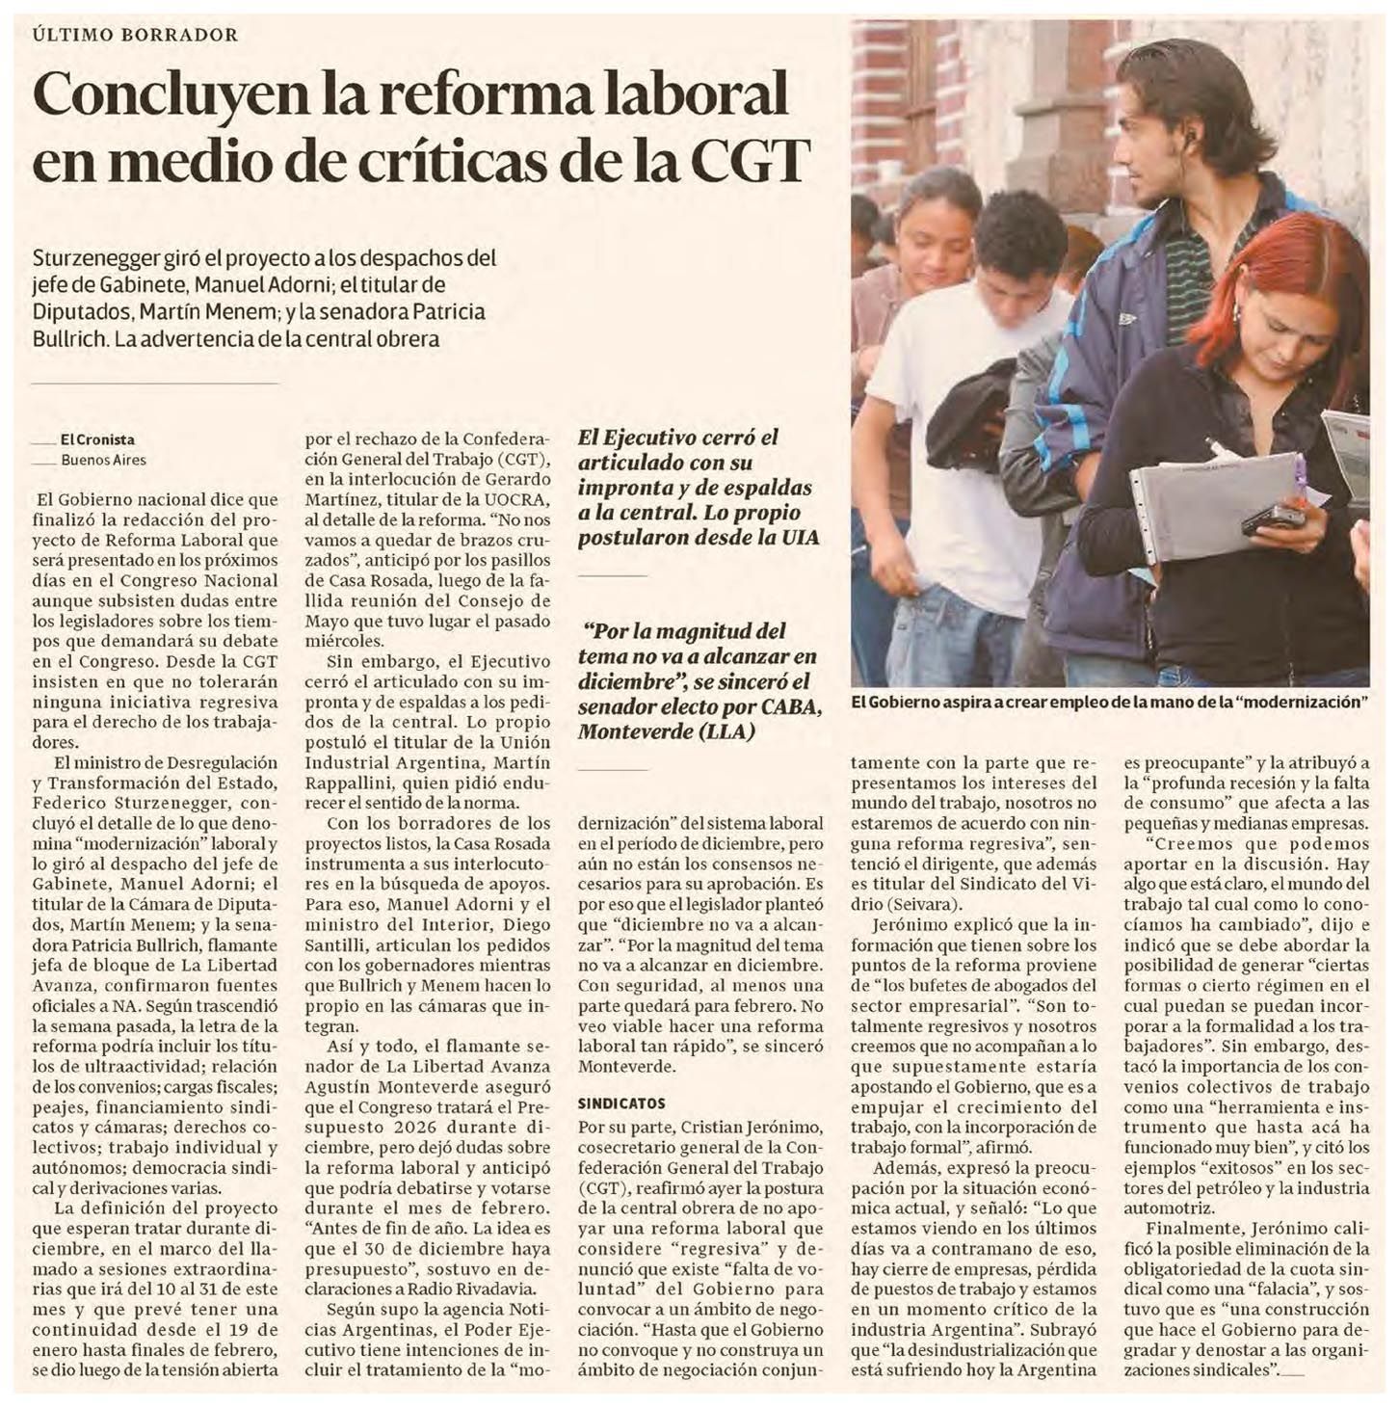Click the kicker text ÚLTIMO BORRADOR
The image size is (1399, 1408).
pos(135,35)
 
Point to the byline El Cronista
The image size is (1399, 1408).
pos(97,439)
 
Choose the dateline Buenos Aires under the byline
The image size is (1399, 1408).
pos(103,460)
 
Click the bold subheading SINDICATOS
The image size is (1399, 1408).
pos(621,1102)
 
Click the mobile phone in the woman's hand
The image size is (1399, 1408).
pos(1273,519)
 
